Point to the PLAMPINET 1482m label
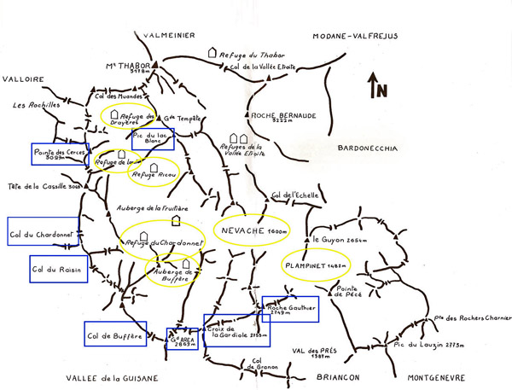(x=316, y=266)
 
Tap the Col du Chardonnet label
(x=43, y=230)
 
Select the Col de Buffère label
(x=115, y=335)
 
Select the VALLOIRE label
(x=23, y=79)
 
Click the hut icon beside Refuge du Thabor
(x=212, y=53)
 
